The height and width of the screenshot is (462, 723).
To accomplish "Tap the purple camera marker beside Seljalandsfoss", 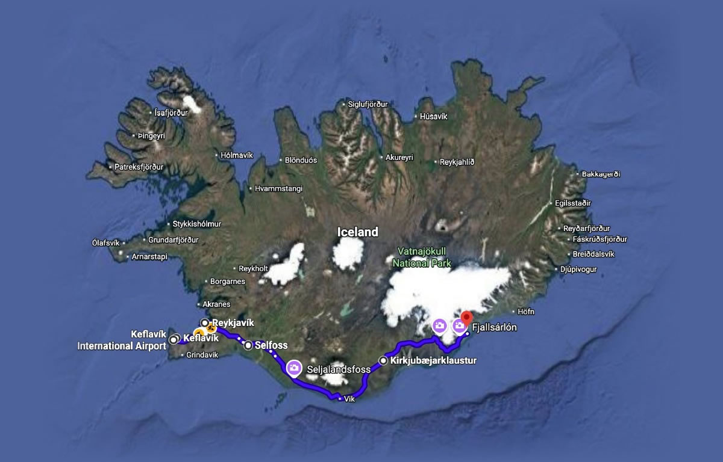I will pos(294,367).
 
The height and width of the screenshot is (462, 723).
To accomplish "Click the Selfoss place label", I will pos(271,345).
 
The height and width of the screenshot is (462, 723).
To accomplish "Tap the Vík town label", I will pos(350,399).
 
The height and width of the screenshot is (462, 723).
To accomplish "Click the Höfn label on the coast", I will pos(526,312).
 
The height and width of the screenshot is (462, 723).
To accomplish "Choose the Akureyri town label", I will pos(399,158).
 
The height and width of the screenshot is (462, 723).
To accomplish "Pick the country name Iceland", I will pos(358,232).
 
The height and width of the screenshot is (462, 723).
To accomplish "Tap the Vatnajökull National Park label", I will pos(421,257).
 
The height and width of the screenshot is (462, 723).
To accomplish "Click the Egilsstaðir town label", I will pos(574,203).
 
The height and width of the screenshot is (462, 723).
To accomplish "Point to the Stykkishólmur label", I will pos(197,224).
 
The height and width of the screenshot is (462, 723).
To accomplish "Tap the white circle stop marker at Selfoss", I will pos(248,345).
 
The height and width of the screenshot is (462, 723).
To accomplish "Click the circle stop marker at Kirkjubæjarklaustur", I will pos(384,361).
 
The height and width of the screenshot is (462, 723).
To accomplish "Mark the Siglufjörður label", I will pos(368,104).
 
